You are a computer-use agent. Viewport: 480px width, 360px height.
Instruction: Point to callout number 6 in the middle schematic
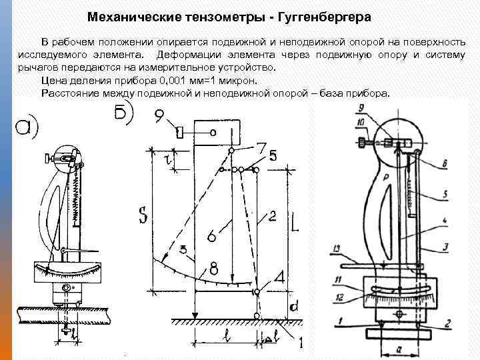(x=211, y=235)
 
